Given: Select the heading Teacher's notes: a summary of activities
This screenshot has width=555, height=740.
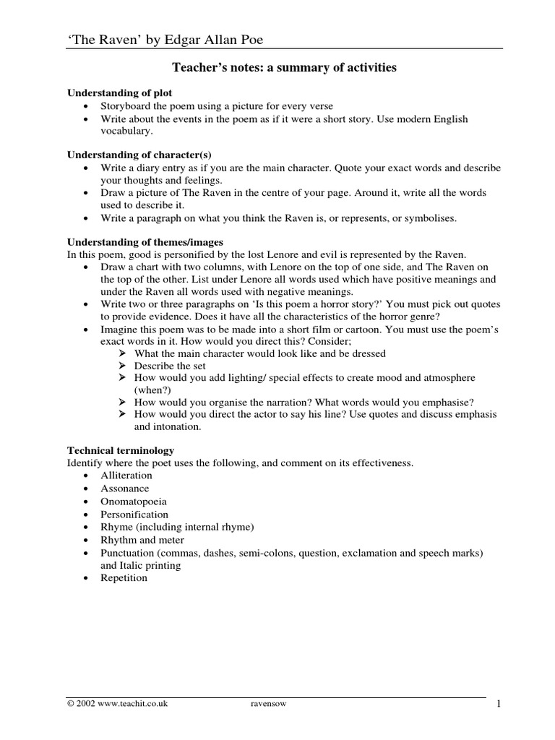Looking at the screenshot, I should (284, 68).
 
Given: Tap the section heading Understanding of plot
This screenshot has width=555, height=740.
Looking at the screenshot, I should (120, 93).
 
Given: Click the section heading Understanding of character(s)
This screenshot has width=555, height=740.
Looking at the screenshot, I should (139, 155).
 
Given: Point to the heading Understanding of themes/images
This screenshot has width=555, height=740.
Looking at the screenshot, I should (145, 242).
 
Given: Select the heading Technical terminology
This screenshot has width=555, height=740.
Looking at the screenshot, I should (121, 450).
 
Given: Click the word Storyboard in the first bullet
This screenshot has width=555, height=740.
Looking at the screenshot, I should (125, 106).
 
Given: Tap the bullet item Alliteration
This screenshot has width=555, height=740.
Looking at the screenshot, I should (126, 476).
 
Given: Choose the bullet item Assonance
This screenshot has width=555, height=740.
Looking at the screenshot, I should (125, 489).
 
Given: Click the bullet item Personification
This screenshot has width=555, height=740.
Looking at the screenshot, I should (134, 515).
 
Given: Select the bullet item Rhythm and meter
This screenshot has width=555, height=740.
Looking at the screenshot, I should (142, 540).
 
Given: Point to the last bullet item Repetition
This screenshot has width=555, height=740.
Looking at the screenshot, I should (124, 578).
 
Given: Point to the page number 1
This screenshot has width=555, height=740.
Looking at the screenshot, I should (499, 704).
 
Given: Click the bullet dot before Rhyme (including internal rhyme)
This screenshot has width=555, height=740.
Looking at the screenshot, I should (86, 528).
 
